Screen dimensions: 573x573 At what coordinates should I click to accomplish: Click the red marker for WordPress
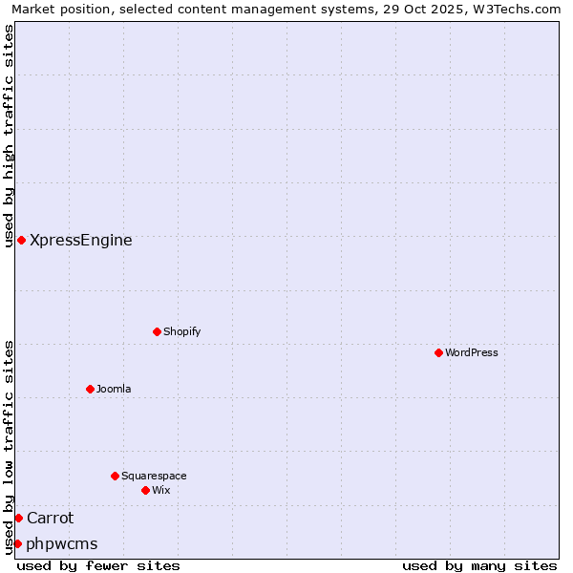click(438, 352)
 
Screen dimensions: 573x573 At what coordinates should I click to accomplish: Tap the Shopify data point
click(157, 331)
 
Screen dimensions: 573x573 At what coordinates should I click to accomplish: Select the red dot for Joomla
click(90, 389)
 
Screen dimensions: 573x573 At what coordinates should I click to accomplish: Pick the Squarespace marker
click(115, 476)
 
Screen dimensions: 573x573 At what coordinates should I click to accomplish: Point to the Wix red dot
click(145, 490)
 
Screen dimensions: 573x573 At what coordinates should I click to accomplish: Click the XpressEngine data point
click(21, 240)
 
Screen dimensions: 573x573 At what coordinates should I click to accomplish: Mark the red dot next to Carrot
click(18, 518)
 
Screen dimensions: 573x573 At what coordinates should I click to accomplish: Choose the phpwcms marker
click(17, 543)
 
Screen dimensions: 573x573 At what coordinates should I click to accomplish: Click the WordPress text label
click(472, 352)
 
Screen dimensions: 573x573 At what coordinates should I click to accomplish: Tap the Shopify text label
click(182, 331)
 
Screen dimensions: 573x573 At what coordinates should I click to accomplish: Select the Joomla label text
click(114, 389)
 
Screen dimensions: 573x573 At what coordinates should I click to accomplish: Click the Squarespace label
click(154, 476)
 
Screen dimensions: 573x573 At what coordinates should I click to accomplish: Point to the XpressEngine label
click(81, 241)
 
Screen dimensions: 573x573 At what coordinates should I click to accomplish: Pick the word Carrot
click(50, 518)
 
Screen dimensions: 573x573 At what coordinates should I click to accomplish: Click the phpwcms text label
click(62, 544)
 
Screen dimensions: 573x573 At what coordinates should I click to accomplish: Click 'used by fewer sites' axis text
click(98, 565)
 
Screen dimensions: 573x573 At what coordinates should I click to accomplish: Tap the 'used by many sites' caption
click(479, 565)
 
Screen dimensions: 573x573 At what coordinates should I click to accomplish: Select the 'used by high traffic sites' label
click(9, 136)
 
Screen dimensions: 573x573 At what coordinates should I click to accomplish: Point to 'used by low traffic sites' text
click(9, 447)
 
